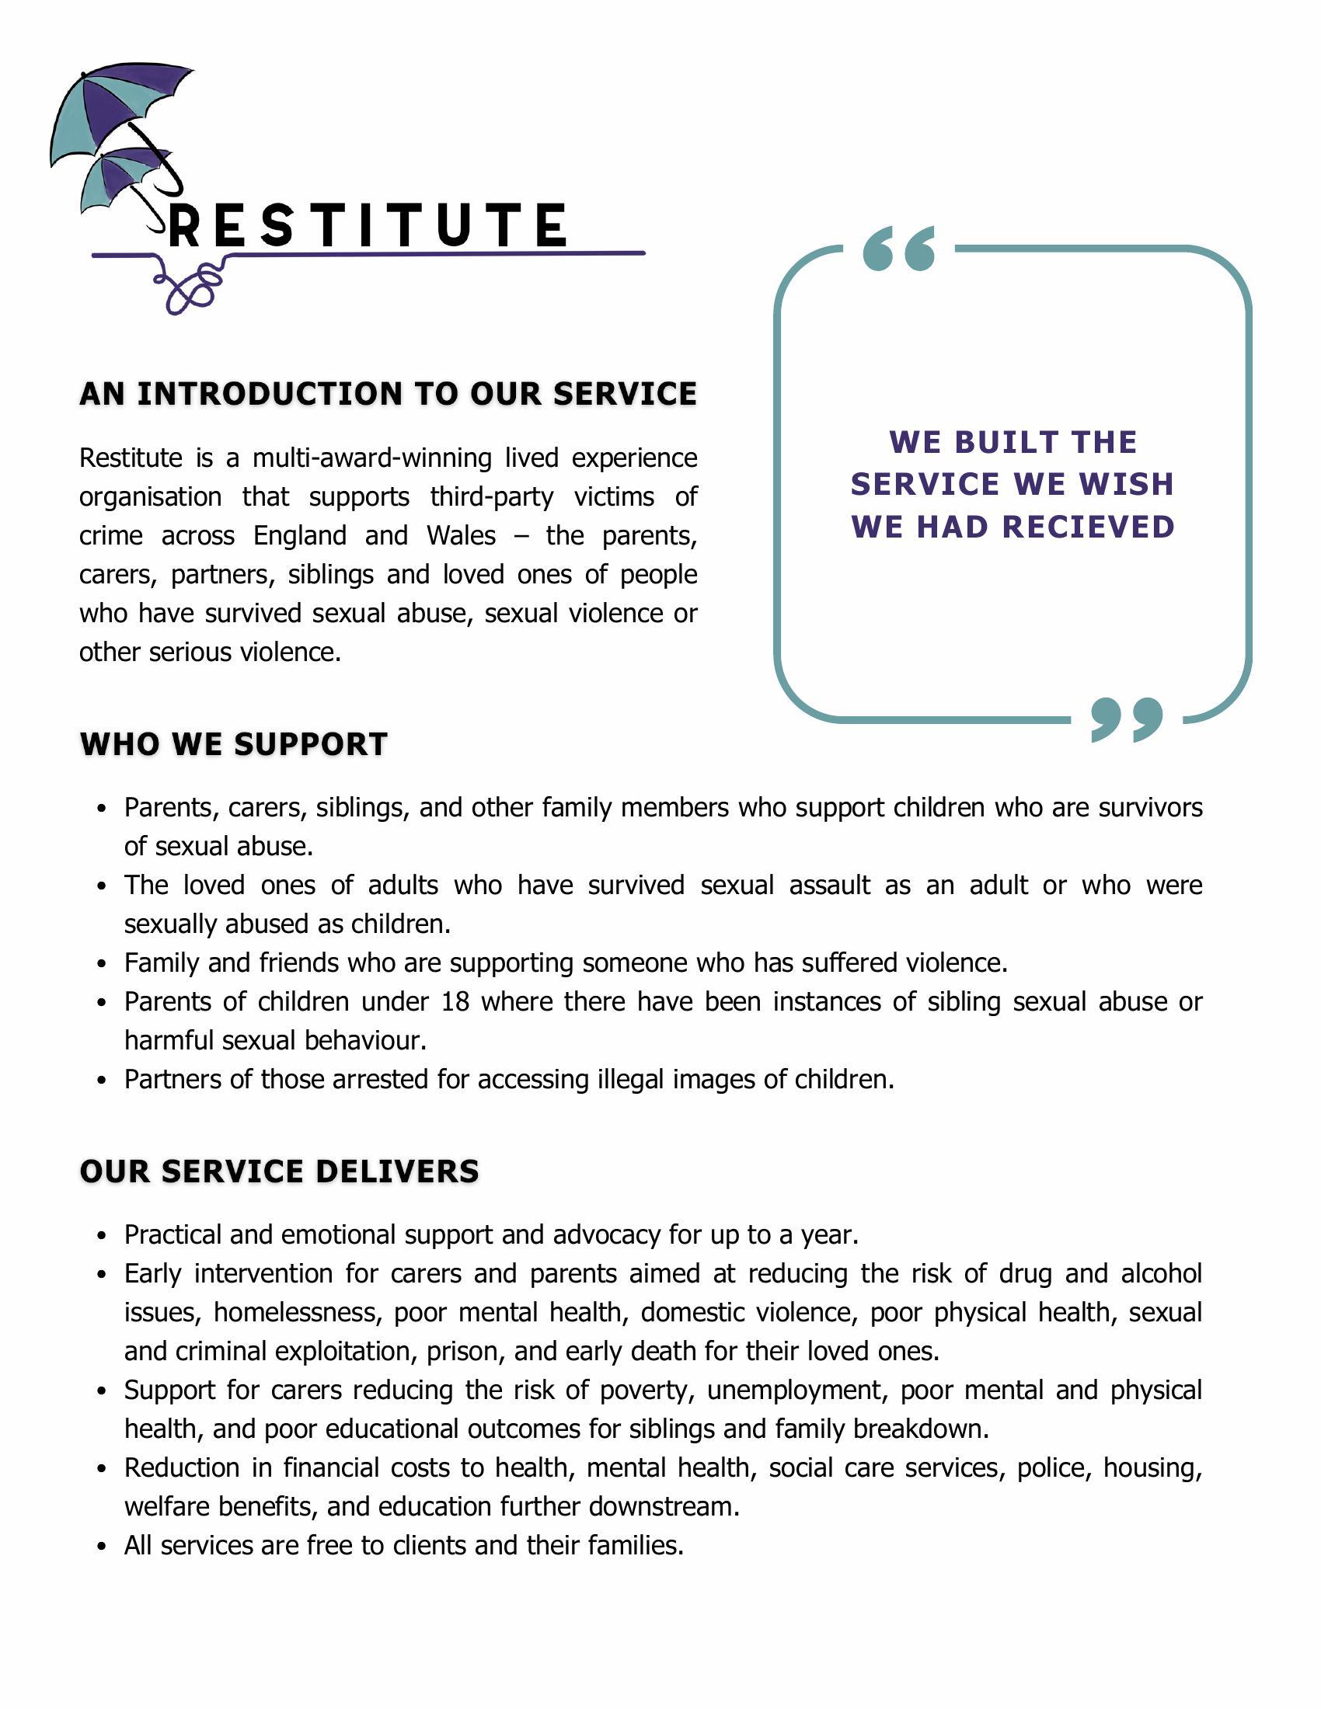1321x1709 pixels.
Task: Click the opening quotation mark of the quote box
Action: click(x=899, y=249)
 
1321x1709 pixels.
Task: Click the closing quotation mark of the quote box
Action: click(x=1126, y=719)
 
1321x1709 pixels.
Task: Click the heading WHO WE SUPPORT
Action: click(x=234, y=744)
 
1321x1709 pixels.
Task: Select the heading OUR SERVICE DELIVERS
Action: click(x=280, y=1171)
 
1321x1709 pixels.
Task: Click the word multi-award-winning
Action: click(x=371, y=457)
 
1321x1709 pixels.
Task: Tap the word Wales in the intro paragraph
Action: click(x=461, y=535)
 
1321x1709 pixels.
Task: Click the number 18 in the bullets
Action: click(x=455, y=1001)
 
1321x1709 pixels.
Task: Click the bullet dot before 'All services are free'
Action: click(x=101, y=1546)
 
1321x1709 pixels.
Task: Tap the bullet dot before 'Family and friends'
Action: click(x=101, y=963)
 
